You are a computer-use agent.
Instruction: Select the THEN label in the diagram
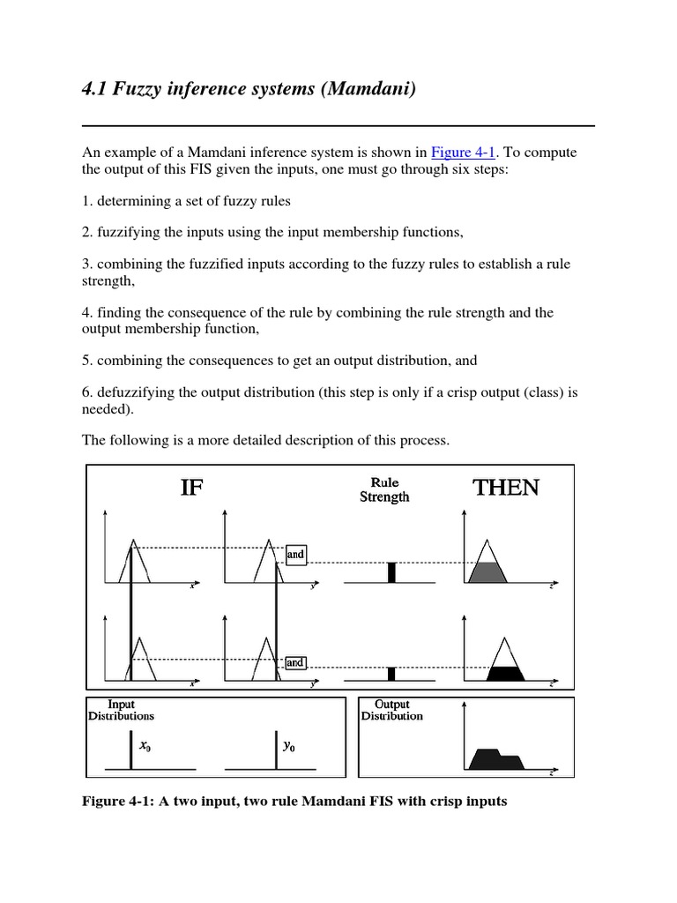[506, 488]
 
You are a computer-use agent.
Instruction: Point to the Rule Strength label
[384, 490]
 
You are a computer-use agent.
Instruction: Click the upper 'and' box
[295, 555]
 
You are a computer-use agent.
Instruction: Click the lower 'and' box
[295, 662]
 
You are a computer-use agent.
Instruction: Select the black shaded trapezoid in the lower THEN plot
[505, 674]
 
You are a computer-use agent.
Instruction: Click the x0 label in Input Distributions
[145, 746]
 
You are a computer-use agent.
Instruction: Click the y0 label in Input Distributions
[288, 746]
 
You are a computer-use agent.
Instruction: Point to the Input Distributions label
[120, 711]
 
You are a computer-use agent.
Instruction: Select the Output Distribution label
[392, 711]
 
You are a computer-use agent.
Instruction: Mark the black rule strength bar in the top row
[391, 571]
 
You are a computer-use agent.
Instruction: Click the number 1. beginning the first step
[87, 201]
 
